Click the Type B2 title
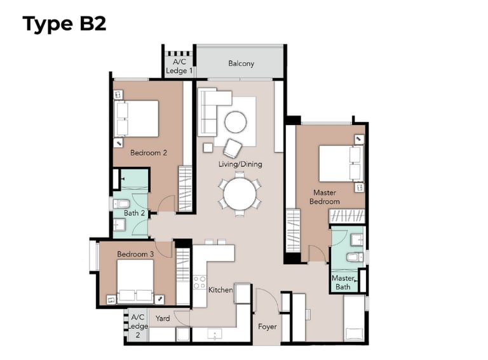(64, 24)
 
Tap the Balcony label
(241, 63)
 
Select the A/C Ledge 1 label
(179, 66)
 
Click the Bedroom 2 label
(149, 152)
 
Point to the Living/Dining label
(240, 164)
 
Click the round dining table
(240, 194)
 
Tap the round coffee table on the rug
(236, 122)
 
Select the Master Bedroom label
(325, 197)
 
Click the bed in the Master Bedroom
(341, 164)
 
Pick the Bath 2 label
(135, 213)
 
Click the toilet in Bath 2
(121, 204)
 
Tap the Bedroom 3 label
(135, 254)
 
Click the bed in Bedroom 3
(135, 281)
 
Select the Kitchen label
(220, 290)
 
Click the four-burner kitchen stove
(200, 283)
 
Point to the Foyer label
(268, 327)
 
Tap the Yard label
(163, 318)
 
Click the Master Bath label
(343, 283)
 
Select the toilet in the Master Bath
(355, 257)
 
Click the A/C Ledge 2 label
(138, 326)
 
